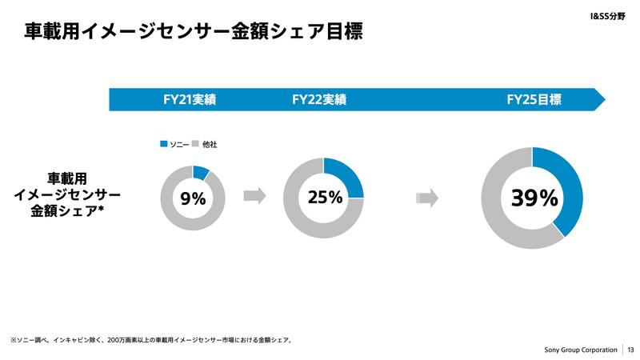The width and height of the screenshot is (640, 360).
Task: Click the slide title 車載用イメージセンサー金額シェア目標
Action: pyautogui.click(x=194, y=33)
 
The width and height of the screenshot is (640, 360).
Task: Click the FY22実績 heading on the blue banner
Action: pyautogui.click(x=319, y=100)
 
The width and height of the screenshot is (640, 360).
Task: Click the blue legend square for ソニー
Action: pyautogui.click(x=164, y=144)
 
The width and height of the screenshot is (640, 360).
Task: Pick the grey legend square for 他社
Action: pyautogui.click(x=196, y=144)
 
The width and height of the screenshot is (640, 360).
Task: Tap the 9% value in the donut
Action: pyautogui.click(x=193, y=198)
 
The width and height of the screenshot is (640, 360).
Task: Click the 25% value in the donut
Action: pyautogui.click(x=323, y=196)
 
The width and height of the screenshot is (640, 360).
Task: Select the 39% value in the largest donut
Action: pyautogui.click(x=531, y=197)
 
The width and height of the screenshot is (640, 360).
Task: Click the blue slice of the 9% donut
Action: pyautogui.click(x=201, y=171)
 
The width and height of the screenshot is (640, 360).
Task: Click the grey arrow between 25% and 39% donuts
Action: pyautogui.click(x=429, y=197)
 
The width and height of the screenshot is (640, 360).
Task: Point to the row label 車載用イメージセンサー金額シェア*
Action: pyautogui.click(x=69, y=195)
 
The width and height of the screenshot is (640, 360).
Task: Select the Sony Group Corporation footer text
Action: pyautogui.click(x=580, y=350)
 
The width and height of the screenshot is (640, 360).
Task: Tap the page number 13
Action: pyautogui.click(x=630, y=350)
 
